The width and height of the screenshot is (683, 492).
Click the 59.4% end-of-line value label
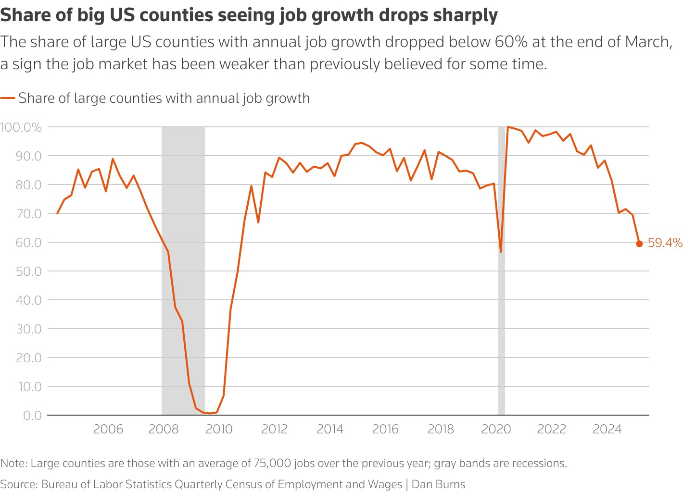click(665, 243)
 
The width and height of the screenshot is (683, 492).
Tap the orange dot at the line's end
click(639, 244)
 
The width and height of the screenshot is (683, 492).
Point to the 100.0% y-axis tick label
click(21, 127)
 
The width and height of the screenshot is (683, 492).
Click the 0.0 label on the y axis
click(32, 415)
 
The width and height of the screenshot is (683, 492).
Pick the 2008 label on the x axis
click(164, 429)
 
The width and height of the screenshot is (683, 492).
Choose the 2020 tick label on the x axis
click(496, 429)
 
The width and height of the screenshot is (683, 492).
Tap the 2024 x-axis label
click(607, 429)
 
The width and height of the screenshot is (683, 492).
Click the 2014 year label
click(330, 429)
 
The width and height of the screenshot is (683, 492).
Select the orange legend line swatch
click(8, 98)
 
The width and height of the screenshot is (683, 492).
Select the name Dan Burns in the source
click(438, 484)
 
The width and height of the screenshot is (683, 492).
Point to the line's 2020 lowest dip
click(501, 251)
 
